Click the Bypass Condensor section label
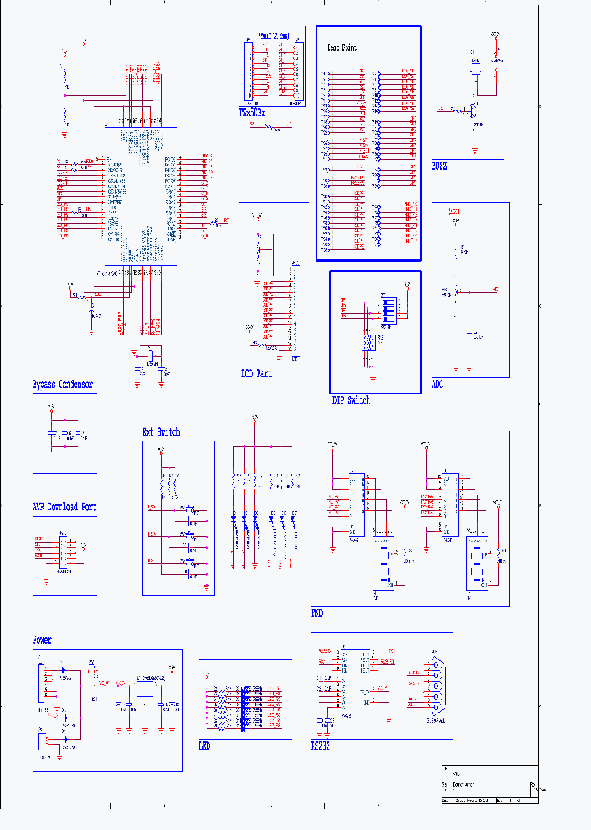pyautogui.click(x=62, y=384)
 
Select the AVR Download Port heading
pyautogui.click(x=64, y=507)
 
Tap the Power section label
pyautogui.click(x=42, y=640)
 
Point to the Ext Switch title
pyautogui.click(x=161, y=431)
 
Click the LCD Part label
pyautogui.click(x=256, y=373)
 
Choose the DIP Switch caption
pyautogui.click(x=350, y=400)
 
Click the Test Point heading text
pyautogui.click(x=342, y=48)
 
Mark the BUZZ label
pyautogui.click(x=439, y=166)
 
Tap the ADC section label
pyautogui.click(x=438, y=384)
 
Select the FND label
pyautogui.click(x=317, y=613)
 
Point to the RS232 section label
pyautogui.click(x=321, y=746)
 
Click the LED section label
pyautogui.click(x=204, y=746)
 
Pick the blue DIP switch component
pyautogui.click(x=386, y=309)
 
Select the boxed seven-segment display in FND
pyautogui.click(x=477, y=563)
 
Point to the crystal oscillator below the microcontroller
pyautogui.click(x=152, y=354)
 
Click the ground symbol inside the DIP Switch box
pyautogui.click(x=373, y=376)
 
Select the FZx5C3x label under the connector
pyautogui.click(x=250, y=113)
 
